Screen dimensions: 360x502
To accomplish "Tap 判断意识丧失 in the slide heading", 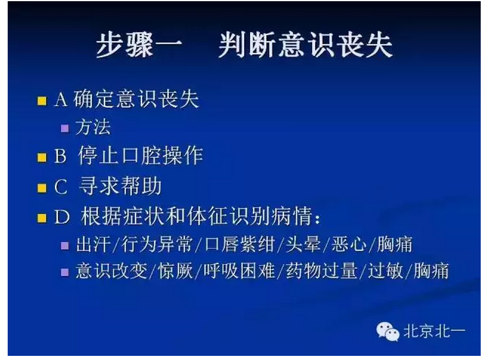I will coord(305,46).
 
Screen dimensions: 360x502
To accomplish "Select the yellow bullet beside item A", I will coord(41,100).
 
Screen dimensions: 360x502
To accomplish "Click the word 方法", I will coord(93,127).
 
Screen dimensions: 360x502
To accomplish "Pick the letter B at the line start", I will coord(60,157).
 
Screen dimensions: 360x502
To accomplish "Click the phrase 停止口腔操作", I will coord(141,155).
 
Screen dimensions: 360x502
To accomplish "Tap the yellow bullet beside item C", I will coord(41,189).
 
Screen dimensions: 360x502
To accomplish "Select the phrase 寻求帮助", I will coord(120,187).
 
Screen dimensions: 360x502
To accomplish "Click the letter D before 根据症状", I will coord(62,218).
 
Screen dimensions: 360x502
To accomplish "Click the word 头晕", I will coord(305,244).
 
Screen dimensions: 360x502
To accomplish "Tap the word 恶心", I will coord(349,244).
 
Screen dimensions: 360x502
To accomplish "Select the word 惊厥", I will coord(181,271).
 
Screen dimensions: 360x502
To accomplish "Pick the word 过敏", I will coord(386,271).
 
